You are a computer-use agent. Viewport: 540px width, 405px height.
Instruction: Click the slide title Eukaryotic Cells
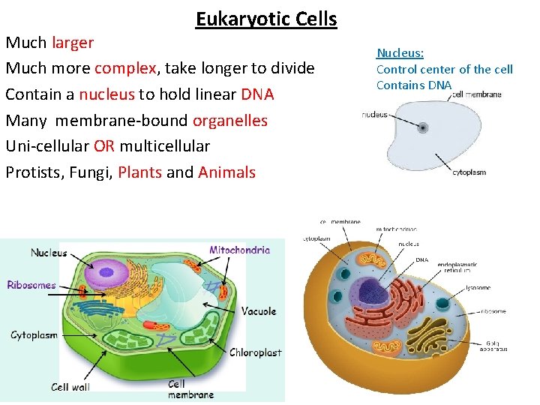click(266, 19)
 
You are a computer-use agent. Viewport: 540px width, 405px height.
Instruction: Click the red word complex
click(125, 68)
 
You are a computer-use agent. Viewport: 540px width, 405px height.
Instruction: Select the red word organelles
click(230, 120)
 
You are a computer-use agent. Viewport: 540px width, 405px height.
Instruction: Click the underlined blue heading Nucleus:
click(400, 53)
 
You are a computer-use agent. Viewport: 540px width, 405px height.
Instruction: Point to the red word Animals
click(226, 172)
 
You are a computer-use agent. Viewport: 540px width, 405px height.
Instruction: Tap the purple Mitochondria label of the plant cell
click(239, 250)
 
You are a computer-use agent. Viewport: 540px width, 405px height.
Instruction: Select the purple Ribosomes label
click(31, 285)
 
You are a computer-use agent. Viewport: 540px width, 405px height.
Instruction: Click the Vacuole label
click(259, 311)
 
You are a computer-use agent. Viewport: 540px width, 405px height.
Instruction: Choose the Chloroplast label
click(255, 352)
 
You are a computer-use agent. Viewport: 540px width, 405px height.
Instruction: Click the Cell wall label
click(70, 387)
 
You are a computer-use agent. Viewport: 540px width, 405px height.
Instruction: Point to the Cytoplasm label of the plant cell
click(34, 335)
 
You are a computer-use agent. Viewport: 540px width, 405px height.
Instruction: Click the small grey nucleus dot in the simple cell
click(423, 127)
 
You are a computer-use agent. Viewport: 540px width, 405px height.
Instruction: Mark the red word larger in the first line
click(73, 43)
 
